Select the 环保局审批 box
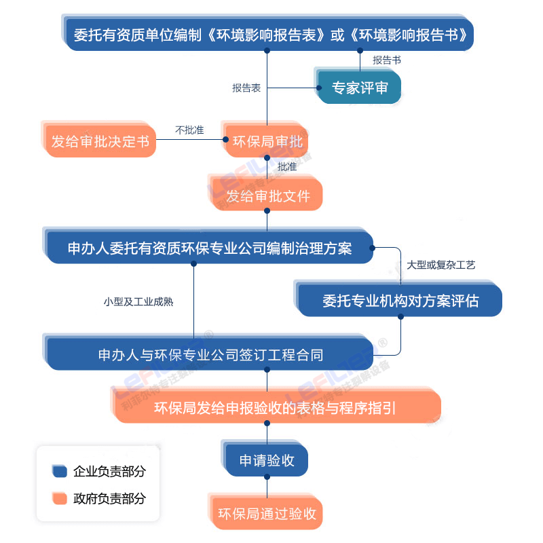point(267,142)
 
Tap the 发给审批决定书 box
point(100,142)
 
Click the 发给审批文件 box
point(267,196)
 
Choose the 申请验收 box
point(267,461)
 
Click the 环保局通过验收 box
point(267,514)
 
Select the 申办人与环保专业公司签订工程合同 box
point(210,354)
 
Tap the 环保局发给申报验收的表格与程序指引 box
point(275,408)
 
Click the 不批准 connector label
point(189,130)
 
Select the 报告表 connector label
point(246,88)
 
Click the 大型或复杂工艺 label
point(441,265)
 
